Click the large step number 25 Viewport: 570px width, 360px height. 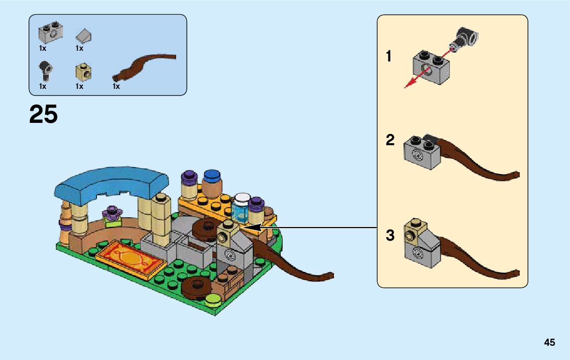[x=44, y=115]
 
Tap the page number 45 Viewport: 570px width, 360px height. [x=549, y=343]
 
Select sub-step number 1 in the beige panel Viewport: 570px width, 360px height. [x=389, y=56]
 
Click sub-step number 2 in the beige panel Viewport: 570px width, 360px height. [x=390, y=141]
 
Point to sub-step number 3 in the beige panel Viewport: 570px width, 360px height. [x=390, y=236]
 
